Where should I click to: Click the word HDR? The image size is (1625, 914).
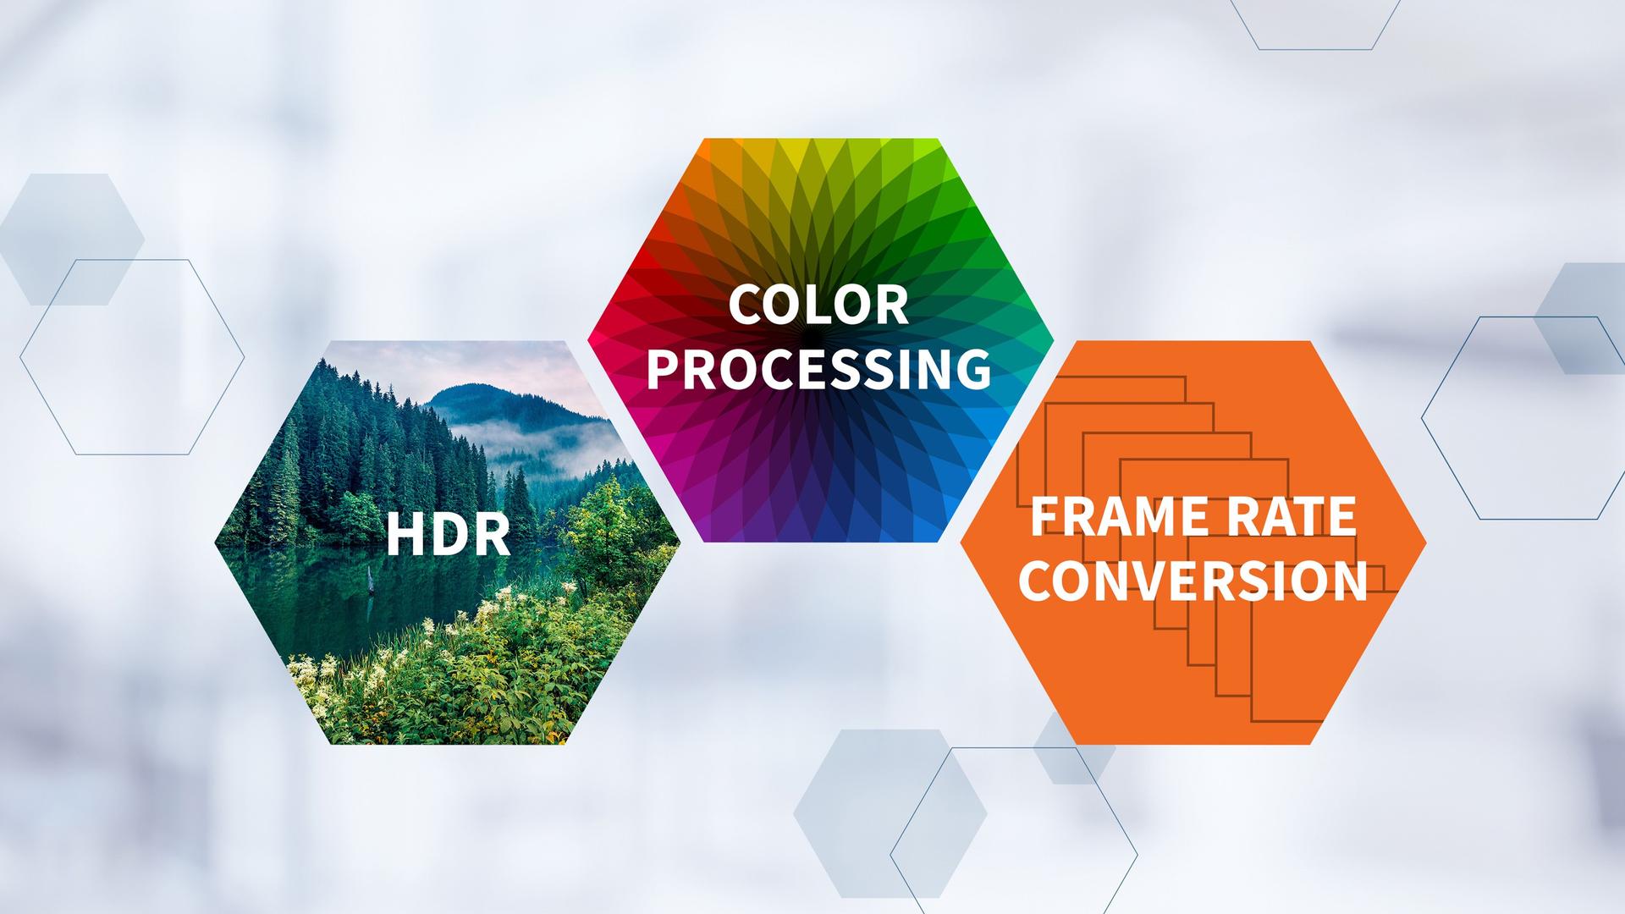[x=448, y=535]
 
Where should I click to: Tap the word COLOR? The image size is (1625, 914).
[x=818, y=306]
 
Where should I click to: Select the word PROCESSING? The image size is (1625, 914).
[x=818, y=369]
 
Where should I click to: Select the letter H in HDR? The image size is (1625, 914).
[x=403, y=535]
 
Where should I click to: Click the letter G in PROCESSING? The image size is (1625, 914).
[x=973, y=369]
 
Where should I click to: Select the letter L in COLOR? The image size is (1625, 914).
[x=819, y=306]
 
